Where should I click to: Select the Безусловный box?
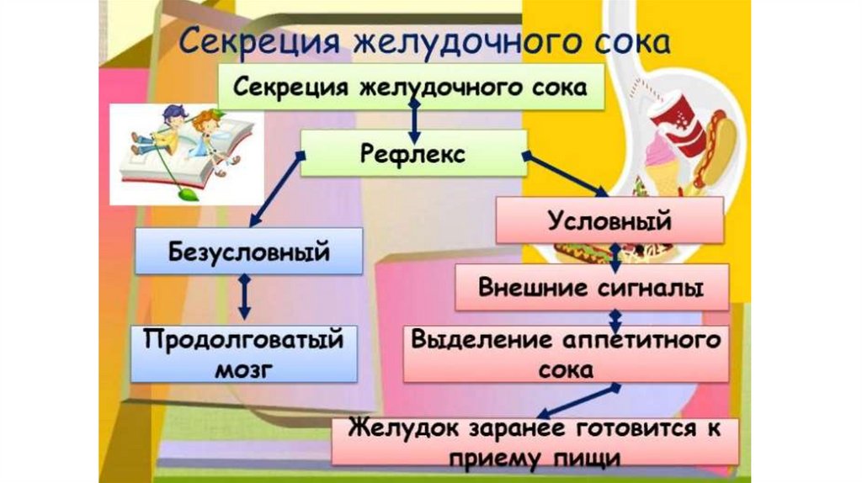[x=249, y=251]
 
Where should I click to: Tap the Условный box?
[x=609, y=221]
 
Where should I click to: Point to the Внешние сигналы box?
[x=591, y=288]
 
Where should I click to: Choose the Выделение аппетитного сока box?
[x=566, y=353]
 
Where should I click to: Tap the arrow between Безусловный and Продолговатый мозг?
[x=244, y=295]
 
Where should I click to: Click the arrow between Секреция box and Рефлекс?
[x=412, y=118]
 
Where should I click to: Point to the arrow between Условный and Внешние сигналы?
[x=615, y=254]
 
